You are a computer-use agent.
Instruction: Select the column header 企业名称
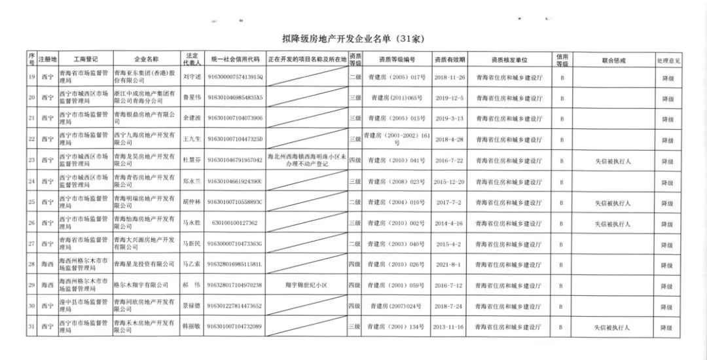146,60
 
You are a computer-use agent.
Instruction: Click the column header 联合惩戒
613,60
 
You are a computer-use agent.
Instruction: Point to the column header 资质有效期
449,60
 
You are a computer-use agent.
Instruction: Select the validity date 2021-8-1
449,265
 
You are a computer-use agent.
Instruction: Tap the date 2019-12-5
449,99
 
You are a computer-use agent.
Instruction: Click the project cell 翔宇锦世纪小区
306,285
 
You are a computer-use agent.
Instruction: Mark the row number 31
31,327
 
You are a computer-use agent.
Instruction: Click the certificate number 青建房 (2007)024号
397,306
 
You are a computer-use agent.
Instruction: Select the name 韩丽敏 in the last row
192,327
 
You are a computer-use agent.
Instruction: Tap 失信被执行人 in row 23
613,161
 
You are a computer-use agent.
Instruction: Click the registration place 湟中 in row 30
46,306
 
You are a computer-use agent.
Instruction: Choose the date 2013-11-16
449,327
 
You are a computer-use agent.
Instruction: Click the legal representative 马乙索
192,265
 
